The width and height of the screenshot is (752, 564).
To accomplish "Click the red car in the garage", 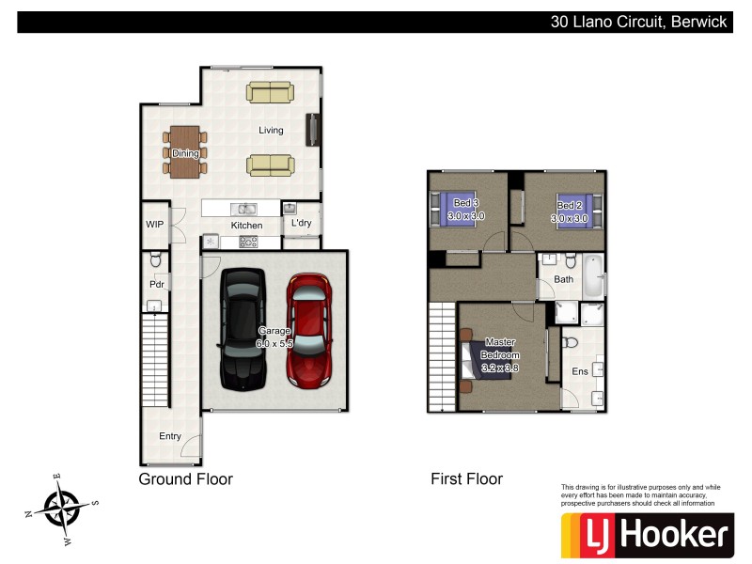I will (x=308, y=331).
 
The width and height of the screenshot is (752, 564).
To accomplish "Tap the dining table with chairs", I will (x=185, y=152).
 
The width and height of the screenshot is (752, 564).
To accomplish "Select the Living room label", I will (x=271, y=131).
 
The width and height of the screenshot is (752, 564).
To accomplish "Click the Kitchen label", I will (x=246, y=226).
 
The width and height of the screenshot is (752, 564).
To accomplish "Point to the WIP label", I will (x=154, y=225).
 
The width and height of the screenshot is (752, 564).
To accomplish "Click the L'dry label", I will (x=301, y=224).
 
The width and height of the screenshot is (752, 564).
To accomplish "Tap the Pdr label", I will (x=156, y=284).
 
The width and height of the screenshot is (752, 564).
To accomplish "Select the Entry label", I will (x=170, y=436).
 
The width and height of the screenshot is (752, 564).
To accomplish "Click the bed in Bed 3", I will (x=449, y=208).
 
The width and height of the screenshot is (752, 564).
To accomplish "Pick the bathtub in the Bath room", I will (x=591, y=276).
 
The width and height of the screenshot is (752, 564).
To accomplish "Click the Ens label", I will (x=580, y=372).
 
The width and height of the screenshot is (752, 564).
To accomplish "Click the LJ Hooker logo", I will (x=647, y=535).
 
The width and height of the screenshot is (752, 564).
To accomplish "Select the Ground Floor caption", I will (x=185, y=479).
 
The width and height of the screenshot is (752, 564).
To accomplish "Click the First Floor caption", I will (x=466, y=479).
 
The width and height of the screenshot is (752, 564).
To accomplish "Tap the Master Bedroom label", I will (x=500, y=349).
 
